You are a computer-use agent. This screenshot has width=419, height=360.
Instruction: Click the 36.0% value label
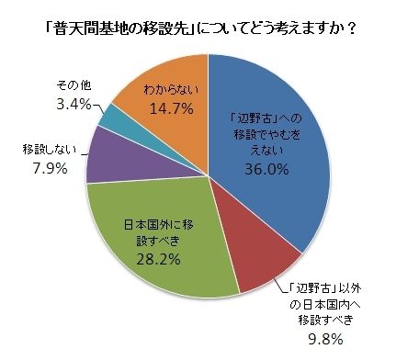(x=266, y=169)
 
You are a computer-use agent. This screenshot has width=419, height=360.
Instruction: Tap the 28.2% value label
(x=158, y=259)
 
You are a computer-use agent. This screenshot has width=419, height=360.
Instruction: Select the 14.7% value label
(x=172, y=108)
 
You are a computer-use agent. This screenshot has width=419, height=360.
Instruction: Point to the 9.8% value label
(x=325, y=339)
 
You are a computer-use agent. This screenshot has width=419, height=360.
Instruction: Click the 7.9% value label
(x=50, y=168)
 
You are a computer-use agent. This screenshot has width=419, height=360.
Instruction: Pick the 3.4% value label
(x=74, y=105)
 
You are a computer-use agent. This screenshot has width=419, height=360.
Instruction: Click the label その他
(x=74, y=85)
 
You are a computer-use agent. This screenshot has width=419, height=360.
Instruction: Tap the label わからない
(x=172, y=89)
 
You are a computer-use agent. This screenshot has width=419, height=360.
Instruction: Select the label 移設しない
(x=50, y=150)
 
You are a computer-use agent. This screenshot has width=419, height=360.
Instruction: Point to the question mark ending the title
(x=351, y=29)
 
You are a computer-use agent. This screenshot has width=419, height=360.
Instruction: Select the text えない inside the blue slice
(x=266, y=151)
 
